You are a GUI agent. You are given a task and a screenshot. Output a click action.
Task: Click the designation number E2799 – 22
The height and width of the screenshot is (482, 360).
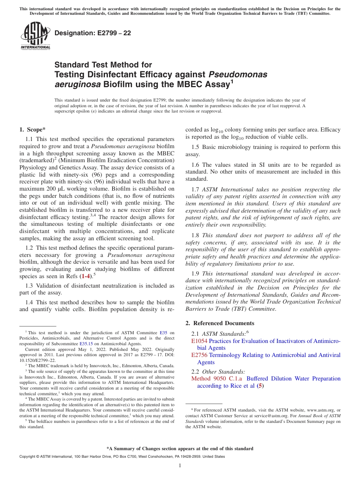(x=93, y=33)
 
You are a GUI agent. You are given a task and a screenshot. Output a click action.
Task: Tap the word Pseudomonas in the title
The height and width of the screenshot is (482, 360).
(x=238, y=74)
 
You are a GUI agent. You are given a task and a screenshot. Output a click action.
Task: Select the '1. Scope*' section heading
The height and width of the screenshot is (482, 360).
(x=33, y=130)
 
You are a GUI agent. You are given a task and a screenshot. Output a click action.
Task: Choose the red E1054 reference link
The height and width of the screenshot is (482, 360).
(x=199, y=341)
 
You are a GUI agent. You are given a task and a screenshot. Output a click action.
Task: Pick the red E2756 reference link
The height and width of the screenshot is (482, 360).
(x=199, y=355)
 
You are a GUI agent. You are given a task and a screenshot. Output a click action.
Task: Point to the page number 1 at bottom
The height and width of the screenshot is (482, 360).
(x=180, y=465)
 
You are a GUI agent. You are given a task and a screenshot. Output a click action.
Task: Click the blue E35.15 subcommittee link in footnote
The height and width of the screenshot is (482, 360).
(x=86, y=343)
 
